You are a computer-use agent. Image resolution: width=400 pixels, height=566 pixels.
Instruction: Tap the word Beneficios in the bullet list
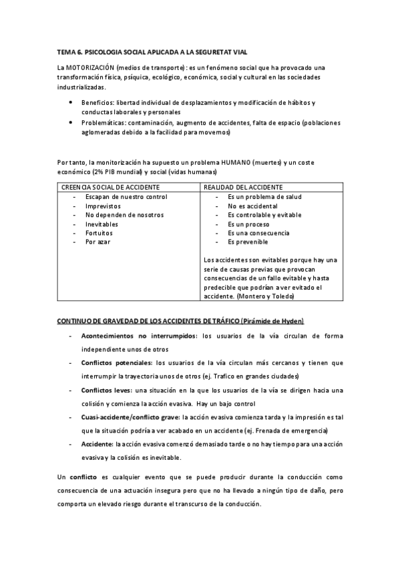97,103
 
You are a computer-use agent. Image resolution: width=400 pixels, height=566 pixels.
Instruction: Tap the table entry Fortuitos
99,233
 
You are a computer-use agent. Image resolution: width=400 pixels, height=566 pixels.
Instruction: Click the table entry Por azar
97,242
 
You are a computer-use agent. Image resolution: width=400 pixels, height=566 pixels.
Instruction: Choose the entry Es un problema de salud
264,197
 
